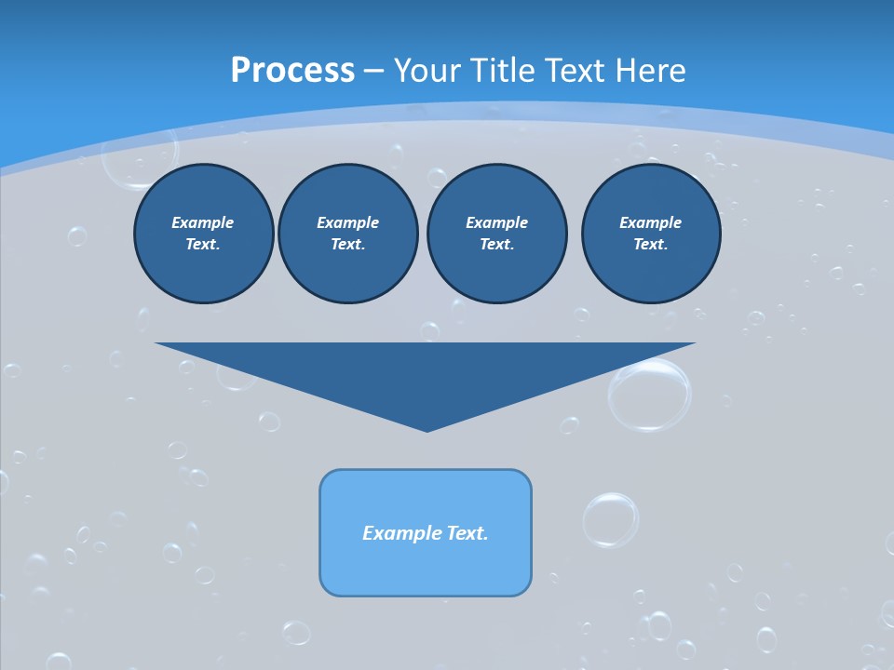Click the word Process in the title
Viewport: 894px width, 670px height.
pos(292,70)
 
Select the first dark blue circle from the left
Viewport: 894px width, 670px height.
pos(203,234)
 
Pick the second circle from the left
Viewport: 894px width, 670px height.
pos(348,234)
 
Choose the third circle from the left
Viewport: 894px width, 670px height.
pos(496,234)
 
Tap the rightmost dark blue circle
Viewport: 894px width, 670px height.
pos(651,234)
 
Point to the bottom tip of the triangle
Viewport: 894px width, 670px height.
pos(427,430)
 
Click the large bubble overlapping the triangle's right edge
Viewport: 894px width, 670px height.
pos(650,395)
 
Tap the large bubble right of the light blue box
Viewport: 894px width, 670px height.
pos(611,519)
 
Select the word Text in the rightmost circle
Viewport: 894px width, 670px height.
pos(650,245)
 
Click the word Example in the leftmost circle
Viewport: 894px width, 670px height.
pos(203,222)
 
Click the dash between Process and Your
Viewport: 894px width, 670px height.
pos(373,71)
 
